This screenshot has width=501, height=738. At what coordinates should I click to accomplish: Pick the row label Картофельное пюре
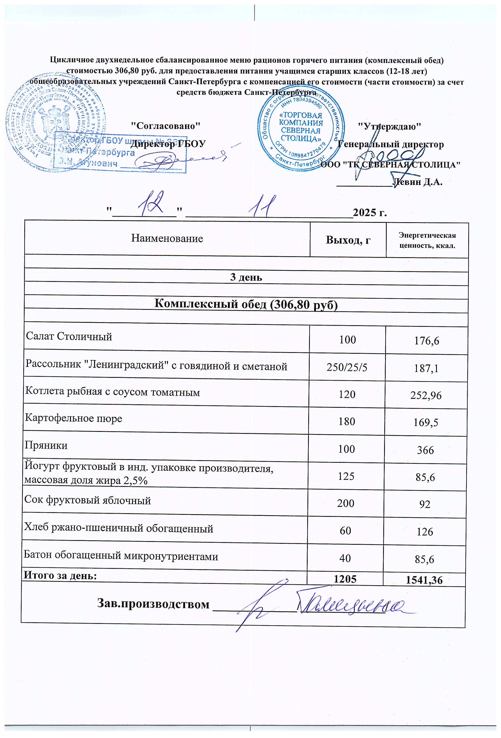[x=73, y=418]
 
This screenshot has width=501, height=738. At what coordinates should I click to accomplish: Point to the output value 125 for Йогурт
[x=346, y=476]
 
